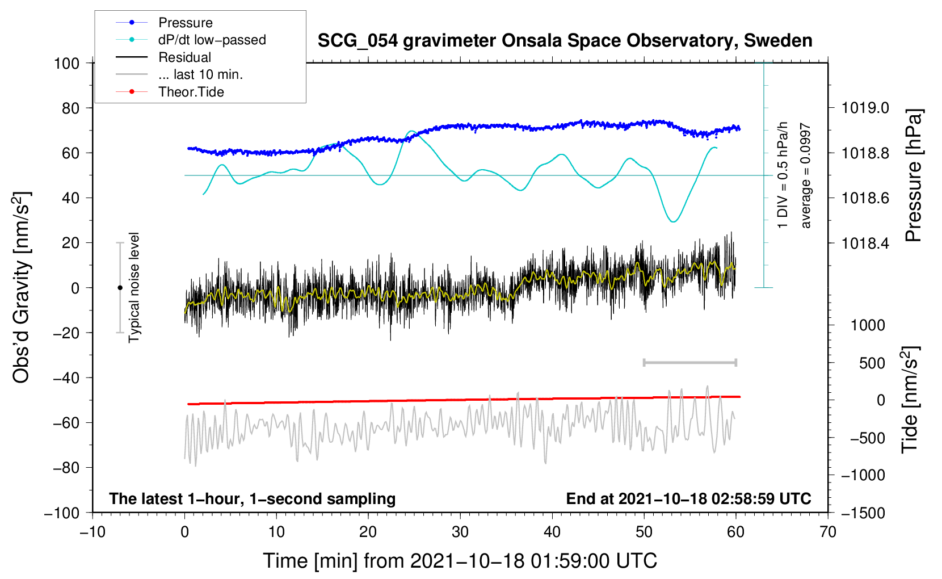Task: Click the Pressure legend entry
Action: click(185, 23)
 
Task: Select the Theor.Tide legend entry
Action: click(191, 92)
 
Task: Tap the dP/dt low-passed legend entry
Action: click(212, 40)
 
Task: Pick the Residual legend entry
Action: click(184, 57)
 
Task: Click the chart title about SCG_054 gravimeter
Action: click(565, 41)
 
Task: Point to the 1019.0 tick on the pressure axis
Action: click(865, 108)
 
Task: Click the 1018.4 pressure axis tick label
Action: click(865, 244)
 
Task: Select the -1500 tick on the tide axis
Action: click(863, 513)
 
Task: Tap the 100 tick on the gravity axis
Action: click(66, 63)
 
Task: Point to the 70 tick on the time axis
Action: click(828, 532)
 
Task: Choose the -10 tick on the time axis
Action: click(92, 532)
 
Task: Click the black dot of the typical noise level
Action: click(120, 288)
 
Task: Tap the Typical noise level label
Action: click(134, 287)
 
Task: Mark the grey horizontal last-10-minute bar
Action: click(689, 362)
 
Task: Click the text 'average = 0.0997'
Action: click(806, 176)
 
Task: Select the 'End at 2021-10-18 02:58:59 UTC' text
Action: click(688, 499)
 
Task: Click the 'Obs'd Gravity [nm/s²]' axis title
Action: click(22, 287)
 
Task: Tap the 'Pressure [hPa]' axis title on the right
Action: click(914, 176)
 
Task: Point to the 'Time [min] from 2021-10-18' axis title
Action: click(460, 561)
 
